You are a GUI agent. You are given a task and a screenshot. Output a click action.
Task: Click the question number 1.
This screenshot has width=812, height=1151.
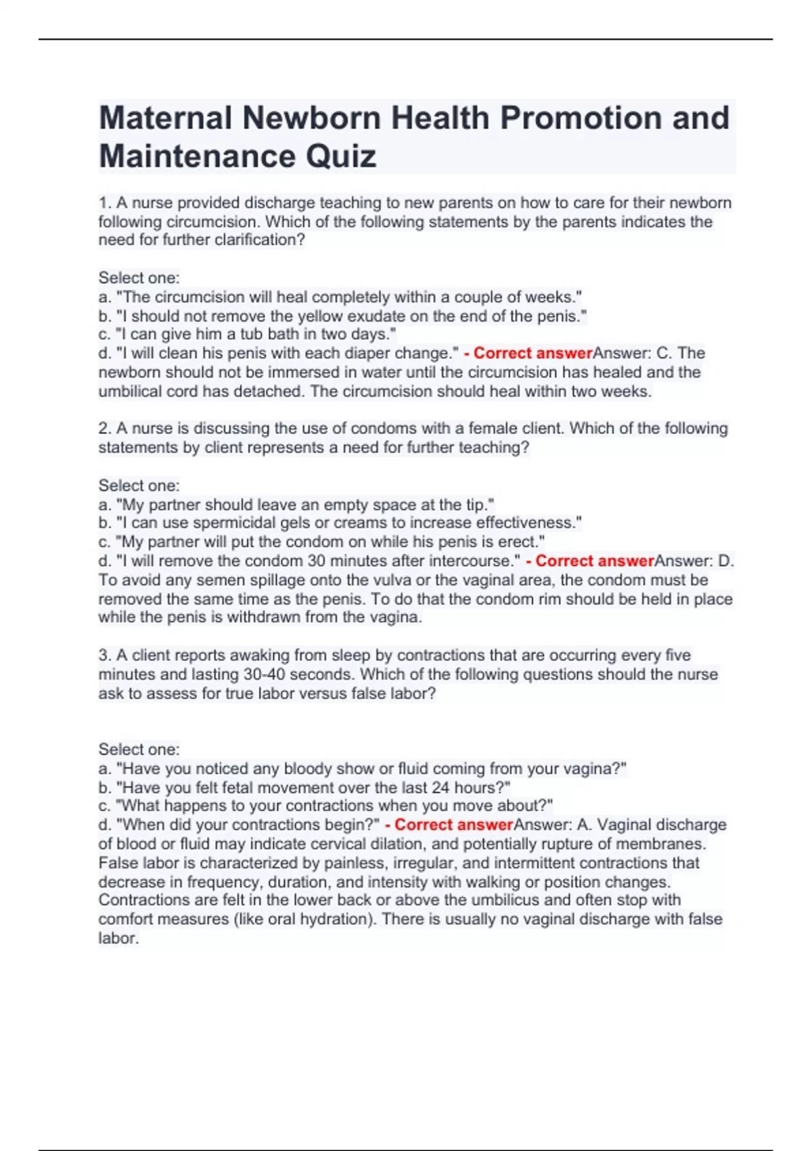104,202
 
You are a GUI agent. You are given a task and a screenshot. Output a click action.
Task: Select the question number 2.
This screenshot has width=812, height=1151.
104,429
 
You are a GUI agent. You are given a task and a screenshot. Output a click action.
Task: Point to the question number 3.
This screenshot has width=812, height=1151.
104,655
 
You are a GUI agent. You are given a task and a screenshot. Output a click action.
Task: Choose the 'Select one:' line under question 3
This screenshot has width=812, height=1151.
139,750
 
